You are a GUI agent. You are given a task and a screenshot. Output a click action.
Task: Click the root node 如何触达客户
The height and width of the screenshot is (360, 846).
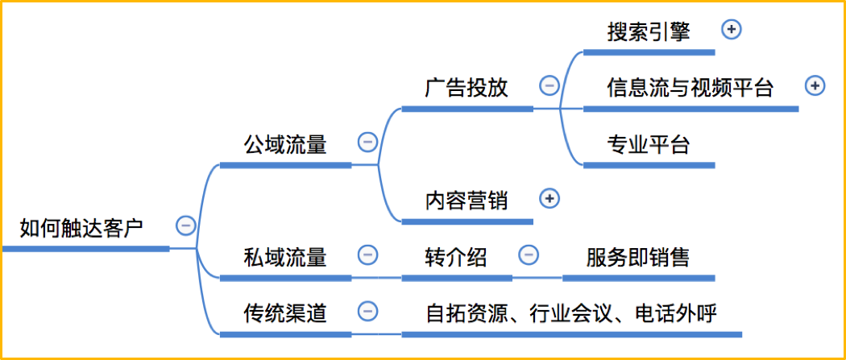(x=81, y=228)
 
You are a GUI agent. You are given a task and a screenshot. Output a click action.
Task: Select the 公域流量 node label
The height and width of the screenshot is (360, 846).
(x=285, y=145)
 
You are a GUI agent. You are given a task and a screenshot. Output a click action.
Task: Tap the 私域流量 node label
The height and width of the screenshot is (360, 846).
(x=285, y=257)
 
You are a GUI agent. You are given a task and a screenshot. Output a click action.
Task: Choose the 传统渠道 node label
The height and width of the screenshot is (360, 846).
(x=285, y=313)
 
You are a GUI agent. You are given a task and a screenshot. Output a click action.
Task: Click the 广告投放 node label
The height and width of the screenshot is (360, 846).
(x=467, y=88)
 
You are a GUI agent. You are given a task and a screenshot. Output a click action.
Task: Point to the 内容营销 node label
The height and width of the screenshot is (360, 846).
(x=467, y=201)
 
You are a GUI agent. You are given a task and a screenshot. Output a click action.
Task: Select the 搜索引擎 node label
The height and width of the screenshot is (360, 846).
(x=649, y=31)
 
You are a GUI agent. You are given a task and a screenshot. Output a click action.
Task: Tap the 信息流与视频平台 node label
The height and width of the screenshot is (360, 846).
(x=690, y=87)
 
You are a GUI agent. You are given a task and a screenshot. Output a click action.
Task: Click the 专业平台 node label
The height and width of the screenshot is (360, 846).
(x=649, y=145)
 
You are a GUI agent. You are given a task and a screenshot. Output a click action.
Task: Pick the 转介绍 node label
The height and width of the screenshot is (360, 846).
(x=456, y=257)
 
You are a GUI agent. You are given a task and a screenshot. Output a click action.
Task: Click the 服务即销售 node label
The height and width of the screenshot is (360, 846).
(x=638, y=257)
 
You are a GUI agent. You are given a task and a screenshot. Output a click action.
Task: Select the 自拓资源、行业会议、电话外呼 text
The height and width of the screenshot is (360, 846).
(x=571, y=313)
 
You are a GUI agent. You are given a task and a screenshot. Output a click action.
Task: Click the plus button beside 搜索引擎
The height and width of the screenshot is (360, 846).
(x=732, y=30)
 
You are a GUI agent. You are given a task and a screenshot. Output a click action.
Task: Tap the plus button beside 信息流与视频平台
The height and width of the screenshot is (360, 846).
(x=815, y=85)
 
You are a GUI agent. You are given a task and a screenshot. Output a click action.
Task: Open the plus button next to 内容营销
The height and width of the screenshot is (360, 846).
(x=549, y=199)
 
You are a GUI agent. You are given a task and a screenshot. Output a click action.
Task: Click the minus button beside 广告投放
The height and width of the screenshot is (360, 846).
(x=549, y=85)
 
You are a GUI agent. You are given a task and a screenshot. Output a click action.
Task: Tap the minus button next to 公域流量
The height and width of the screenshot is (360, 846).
(x=368, y=143)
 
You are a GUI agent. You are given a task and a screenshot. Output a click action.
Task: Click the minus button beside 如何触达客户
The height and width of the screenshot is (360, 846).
(x=186, y=226)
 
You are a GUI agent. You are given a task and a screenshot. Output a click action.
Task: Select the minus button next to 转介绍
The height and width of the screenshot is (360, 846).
(x=529, y=254)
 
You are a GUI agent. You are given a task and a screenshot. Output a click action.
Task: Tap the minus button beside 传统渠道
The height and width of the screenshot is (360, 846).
(x=368, y=311)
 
